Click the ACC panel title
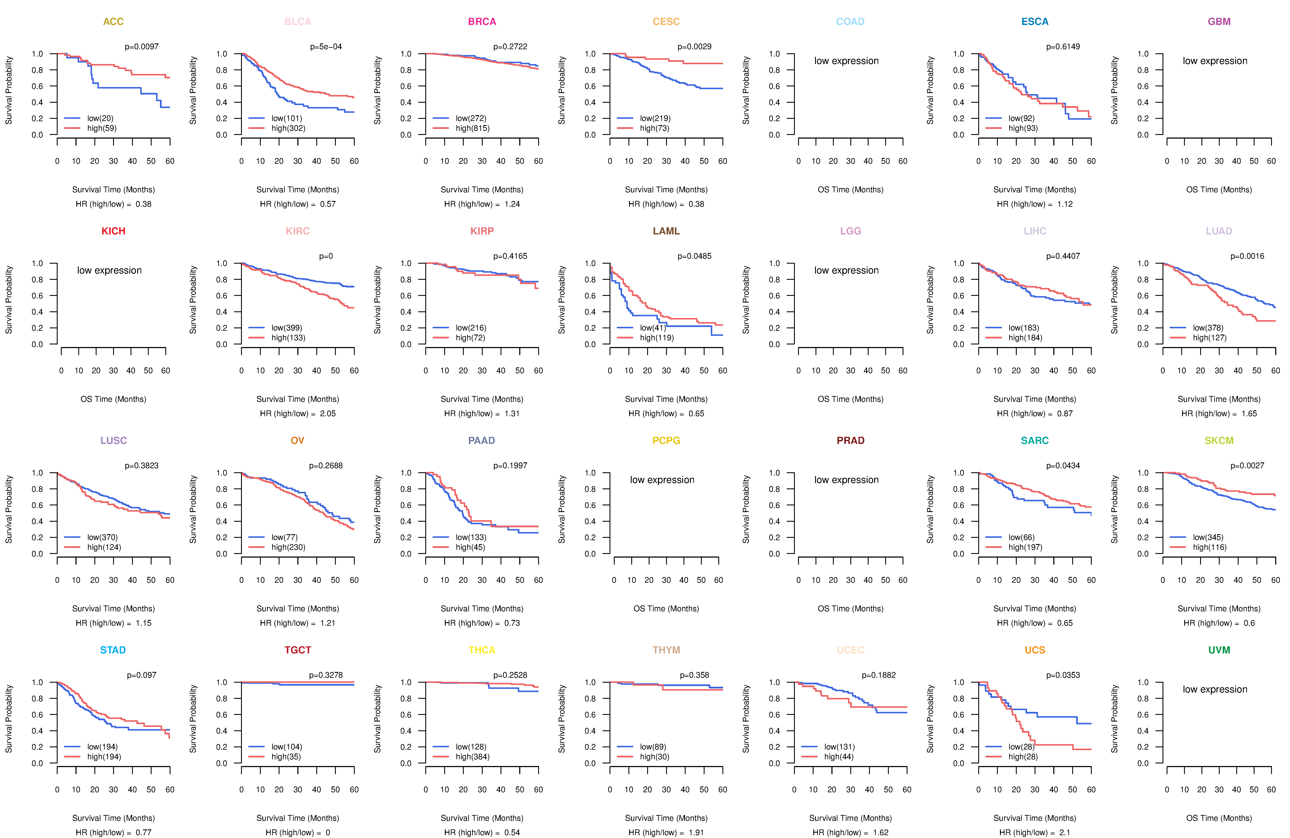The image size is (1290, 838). [x=113, y=22]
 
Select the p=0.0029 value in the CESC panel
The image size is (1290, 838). [x=694, y=47]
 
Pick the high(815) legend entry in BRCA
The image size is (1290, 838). [x=472, y=128]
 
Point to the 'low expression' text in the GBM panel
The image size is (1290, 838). [x=1215, y=61]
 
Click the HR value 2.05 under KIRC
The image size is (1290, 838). [x=327, y=413]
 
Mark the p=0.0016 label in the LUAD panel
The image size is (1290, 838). [x=1247, y=256]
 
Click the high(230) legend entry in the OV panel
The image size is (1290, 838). [x=288, y=547]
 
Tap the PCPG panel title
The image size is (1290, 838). [x=666, y=440]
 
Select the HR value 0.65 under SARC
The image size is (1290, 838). [x=1064, y=623]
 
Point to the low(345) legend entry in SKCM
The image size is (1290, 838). [x=1208, y=537]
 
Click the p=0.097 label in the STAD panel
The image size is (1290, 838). [x=141, y=675]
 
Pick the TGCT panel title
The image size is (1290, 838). [x=298, y=650]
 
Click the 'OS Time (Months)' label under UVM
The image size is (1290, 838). [x=1219, y=818]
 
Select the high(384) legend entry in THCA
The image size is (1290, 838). [x=472, y=757]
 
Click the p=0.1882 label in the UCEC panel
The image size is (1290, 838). [x=879, y=675]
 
